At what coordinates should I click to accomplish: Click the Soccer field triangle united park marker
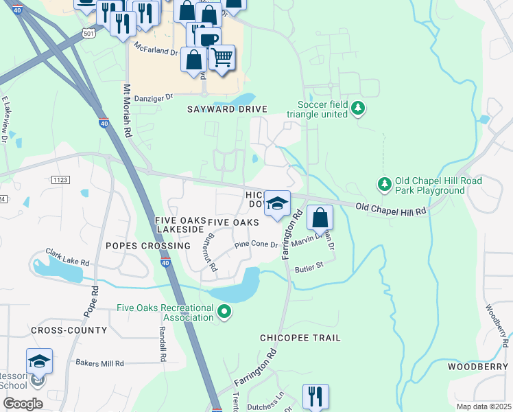point(357,108)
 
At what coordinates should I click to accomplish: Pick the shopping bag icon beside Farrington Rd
point(320,218)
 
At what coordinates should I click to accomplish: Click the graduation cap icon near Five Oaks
point(277,204)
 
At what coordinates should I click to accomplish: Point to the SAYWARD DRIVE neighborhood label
point(226,109)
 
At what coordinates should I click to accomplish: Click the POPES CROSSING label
point(147,245)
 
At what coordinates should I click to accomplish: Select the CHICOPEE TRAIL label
point(300,338)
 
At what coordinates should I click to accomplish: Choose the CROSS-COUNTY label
point(69,330)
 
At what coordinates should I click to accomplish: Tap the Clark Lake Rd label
point(67,257)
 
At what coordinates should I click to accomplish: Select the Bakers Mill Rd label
point(99,363)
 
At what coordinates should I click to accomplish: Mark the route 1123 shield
point(60,179)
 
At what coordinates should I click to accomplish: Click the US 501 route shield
point(87,32)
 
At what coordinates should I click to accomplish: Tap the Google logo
point(23,403)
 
